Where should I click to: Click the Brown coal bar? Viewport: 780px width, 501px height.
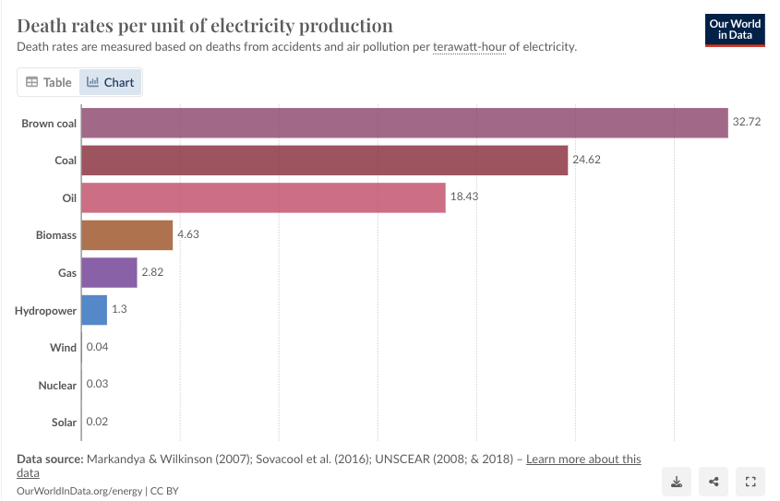(404, 123)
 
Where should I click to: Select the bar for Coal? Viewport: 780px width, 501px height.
(324, 161)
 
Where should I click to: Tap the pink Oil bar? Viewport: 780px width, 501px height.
(263, 197)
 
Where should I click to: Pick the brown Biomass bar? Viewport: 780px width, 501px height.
(126, 235)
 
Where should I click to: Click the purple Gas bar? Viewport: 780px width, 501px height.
(109, 273)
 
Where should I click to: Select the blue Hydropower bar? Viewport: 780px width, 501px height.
(94, 310)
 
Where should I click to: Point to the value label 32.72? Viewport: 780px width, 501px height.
(746, 123)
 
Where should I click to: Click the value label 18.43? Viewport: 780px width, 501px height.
(463, 197)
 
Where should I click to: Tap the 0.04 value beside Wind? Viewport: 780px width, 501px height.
(97, 348)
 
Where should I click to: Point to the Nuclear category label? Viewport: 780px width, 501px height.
(57, 385)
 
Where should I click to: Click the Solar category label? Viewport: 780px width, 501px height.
(64, 423)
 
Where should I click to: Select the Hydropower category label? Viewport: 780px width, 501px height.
(45, 311)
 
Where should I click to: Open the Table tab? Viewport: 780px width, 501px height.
(48, 82)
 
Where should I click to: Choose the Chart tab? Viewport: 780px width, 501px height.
(110, 82)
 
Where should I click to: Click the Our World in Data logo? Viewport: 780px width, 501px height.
(735, 30)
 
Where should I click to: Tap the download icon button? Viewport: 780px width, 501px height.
(677, 481)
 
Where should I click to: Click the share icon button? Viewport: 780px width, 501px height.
(714, 481)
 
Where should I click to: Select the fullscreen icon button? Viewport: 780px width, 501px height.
(750, 481)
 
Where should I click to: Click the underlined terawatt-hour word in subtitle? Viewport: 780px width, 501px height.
(469, 47)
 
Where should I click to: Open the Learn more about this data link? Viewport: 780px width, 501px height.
(582, 459)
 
